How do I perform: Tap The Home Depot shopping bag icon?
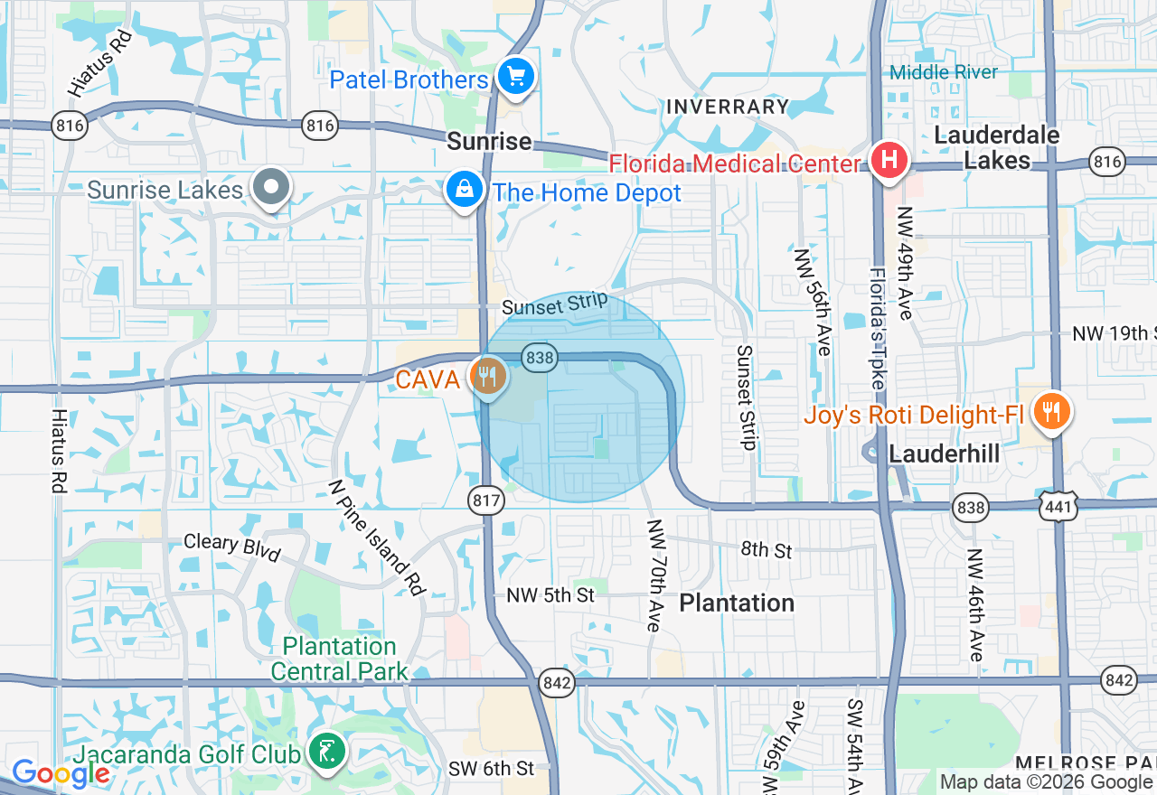464,190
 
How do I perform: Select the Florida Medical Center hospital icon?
889,161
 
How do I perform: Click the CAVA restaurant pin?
488,375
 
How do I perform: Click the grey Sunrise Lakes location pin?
270,188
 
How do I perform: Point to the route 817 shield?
485,500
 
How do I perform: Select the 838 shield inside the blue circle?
540,358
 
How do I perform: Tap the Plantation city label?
737,603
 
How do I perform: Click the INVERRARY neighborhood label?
728,107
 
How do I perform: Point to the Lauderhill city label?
945,454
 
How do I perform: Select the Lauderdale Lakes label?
997,148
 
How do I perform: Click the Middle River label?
945,72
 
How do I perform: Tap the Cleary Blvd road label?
232,547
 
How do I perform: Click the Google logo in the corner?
61,773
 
